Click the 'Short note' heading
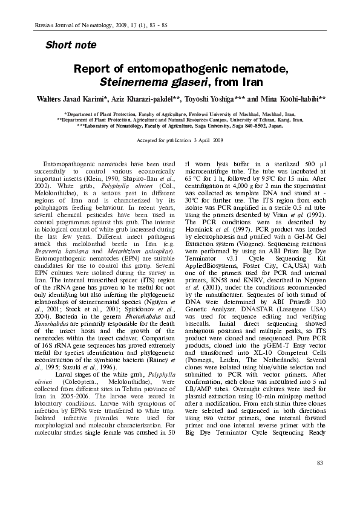71,45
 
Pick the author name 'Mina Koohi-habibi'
292,98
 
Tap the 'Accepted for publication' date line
180,140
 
